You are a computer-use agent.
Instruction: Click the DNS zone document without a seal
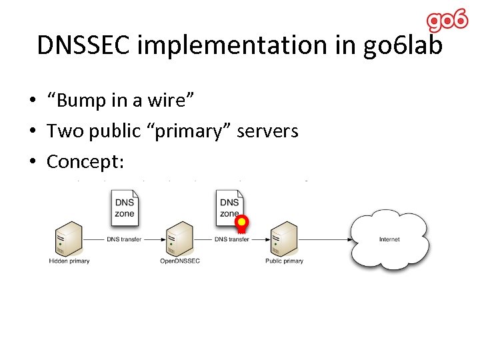125,207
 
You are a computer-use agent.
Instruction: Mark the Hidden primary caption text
69,261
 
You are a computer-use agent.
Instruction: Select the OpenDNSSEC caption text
179,261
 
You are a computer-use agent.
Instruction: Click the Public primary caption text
284,261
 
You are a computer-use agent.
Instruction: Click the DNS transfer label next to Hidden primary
124,239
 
